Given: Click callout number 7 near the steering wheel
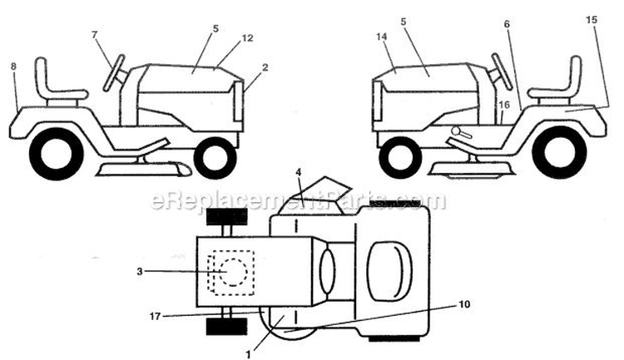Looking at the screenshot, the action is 94,35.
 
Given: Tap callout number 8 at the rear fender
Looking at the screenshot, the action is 13,67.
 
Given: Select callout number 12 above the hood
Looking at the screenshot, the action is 247,38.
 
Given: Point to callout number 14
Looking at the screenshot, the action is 381,37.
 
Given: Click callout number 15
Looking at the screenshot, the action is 592,19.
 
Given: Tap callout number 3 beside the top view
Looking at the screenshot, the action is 139,272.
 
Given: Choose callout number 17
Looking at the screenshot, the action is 155,316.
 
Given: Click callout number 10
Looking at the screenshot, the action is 464,304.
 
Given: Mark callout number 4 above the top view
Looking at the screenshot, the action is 299,173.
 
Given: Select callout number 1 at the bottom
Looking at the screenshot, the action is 248,354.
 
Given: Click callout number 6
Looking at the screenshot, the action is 507,24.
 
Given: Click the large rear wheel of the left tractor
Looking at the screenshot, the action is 56,154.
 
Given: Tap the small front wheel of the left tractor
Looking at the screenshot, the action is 215,158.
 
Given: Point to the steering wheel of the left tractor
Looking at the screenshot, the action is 114,73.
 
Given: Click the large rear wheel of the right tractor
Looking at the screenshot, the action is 559,152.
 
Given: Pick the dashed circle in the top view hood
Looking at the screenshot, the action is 233,272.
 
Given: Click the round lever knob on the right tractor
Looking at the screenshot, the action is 456,131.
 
